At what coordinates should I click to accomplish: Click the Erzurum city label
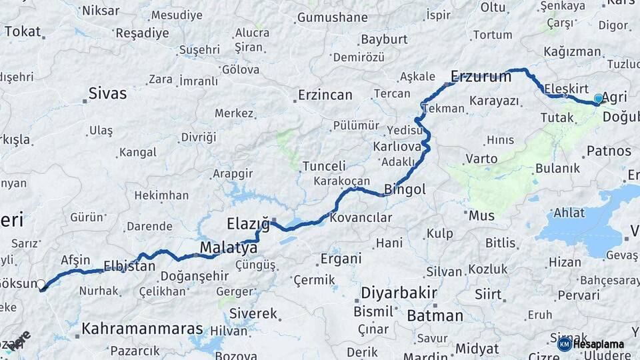pyautogui.click(x=481, y=76)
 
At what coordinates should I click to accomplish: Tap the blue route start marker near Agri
pyautogui.click(x=598, y=99)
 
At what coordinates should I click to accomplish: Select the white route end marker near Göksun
pyautogui.click(x=41, y=285)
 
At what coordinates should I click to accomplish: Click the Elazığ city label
pyautogui.click(x=248, y=223)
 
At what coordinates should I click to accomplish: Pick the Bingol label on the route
pyautogui.click(x=405, y=189)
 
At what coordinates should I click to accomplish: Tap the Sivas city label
pyautogui.click(x=107, y=93)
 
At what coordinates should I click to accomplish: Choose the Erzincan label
pyautogui.click(x=325, y=95)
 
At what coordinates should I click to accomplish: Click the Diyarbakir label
pyautogui.click(x=399, y=293)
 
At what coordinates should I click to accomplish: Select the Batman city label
pyautogui.click(x=435, y=315)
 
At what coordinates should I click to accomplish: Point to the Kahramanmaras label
pyautogui.click(x=142, y=329)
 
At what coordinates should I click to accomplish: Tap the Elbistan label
pyautogui.click(x=129, y=266)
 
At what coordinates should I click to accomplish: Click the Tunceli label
pyautogui.click(x=324, y=166)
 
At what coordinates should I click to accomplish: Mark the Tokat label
pyautogui.click(x=22, y=31)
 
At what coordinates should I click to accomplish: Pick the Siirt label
pyautogui.click(x=489, y=293)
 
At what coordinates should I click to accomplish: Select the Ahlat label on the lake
pyautogui.click(x=569, y=213)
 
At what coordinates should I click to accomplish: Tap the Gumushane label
pyautogui.click(x=332, y=17)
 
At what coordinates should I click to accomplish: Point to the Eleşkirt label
pyautogui.click(x=566, y=88)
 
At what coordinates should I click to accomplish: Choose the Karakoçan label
pyautogui.click(x=342, y=181)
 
